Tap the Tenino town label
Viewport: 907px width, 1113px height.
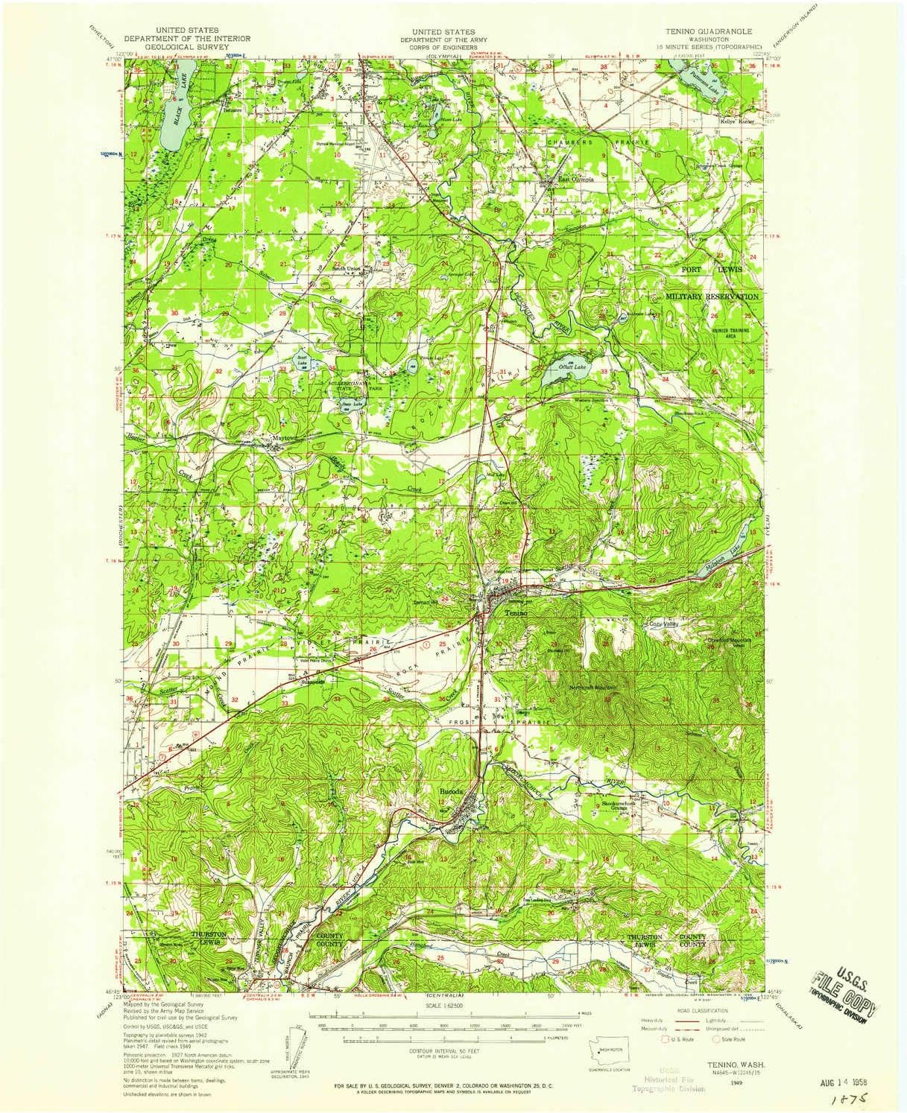coord(515,612)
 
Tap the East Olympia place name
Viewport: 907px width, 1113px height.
coord(572,179)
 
